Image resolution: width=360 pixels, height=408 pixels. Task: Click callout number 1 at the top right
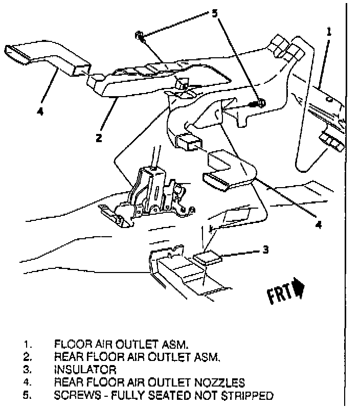point(329,32)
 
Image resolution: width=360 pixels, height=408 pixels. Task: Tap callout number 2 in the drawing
point(99,137)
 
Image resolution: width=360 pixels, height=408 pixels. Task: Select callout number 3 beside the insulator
point(265,250)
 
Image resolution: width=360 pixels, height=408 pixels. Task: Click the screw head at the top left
point(139,35)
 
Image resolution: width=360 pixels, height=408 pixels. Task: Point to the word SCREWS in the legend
point(75,395)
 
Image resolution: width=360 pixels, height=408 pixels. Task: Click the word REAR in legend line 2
point(66,356)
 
